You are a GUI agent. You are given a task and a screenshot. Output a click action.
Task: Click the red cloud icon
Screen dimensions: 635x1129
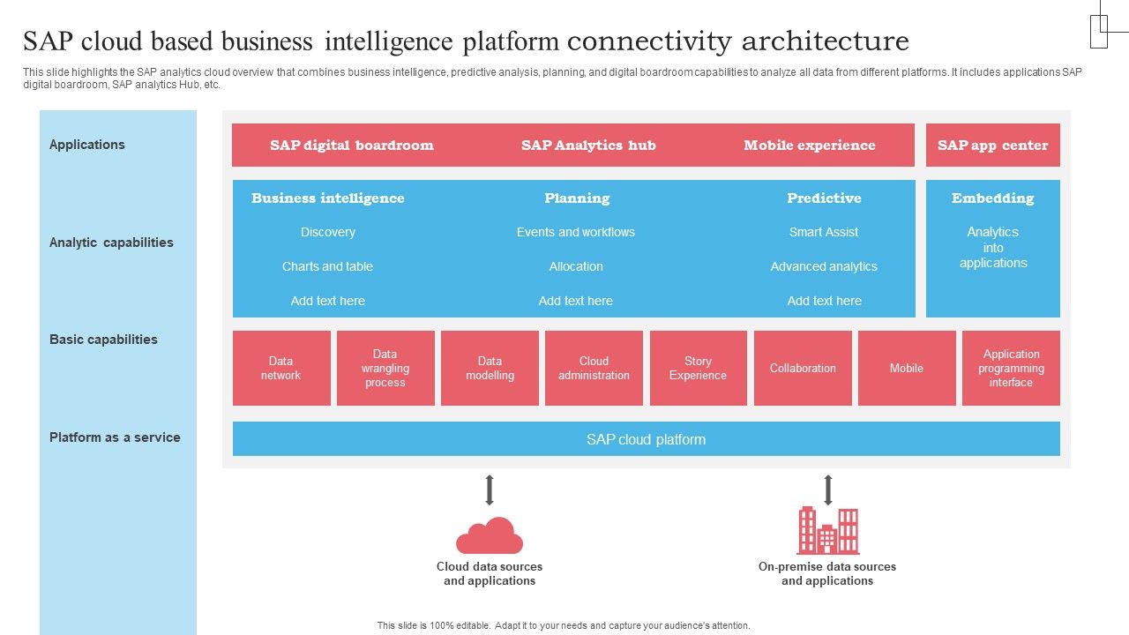pos(490,535)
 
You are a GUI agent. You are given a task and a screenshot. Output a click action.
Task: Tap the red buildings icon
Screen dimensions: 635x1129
pos(827,530)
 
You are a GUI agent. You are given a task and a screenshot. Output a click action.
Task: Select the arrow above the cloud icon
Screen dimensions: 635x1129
pos(490,490)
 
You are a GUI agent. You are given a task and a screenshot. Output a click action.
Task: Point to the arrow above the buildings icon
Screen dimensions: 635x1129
pos(827,490)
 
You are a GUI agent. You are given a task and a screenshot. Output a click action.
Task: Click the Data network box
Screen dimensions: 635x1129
pos(281,368)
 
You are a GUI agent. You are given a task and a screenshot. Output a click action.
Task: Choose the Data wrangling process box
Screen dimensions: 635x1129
pos(385,368)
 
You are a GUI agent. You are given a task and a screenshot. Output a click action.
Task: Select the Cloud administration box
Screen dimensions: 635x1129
pos(594,368)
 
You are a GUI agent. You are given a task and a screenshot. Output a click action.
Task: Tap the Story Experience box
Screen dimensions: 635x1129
pos(698,368)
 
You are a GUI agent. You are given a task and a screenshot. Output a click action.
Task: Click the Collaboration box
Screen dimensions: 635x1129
pos(803,368)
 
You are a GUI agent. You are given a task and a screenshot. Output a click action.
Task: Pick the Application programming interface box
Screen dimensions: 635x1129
pos(1011,368)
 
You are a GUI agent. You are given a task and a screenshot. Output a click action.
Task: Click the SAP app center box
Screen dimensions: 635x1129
pos(992,146)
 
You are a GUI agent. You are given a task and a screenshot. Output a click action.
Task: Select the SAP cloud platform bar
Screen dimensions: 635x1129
pos(646,439)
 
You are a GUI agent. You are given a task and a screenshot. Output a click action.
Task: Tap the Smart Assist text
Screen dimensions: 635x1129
pos(824,232)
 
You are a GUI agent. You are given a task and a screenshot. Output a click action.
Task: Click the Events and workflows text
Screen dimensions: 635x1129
pos(576,232)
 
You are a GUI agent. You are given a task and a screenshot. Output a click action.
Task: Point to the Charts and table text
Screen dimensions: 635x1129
pos(327,266)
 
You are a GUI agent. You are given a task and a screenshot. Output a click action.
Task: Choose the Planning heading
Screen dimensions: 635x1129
pos(577,198)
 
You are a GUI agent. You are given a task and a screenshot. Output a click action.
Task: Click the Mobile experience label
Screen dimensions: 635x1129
pos(809,146)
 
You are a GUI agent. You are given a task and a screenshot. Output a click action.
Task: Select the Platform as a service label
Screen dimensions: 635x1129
pos(115,437)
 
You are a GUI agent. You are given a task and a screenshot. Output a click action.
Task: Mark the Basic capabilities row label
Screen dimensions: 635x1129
pos(103,340)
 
